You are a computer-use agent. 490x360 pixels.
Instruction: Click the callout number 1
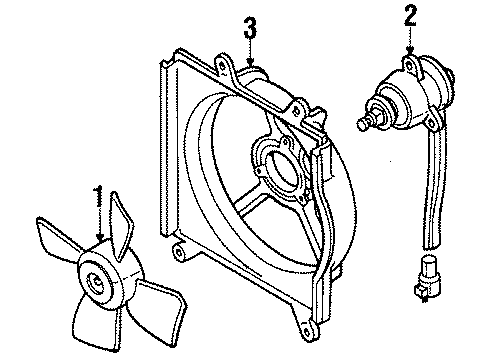pyautogui.click(x=98, y=196)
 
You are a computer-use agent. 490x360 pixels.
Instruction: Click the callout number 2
pyautogui.click(x=410, y=15)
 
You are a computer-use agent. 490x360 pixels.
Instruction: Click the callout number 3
pyautogui.click(x=250, y=28)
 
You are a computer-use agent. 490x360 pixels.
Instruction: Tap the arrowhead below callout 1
pyautogui.click(x=100, y=237)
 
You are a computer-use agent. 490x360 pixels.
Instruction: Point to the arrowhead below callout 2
pyautogui.click(x=410, y=50)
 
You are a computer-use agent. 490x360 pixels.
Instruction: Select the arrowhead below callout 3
pyautogui.click(x=250, y=61)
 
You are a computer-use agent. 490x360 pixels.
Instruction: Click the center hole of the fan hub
pyautogui.click(x=96, y=282)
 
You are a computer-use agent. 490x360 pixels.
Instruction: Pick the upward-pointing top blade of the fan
pyautogui.click(x=121, y=223)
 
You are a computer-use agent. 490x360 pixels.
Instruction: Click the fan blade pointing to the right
pyautogui.click(x=159, y=308)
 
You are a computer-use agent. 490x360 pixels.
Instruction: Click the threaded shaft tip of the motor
pyautogui.click(x=362, y=123)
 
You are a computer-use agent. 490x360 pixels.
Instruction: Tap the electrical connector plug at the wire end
pyautogui.click(x=426, y=278)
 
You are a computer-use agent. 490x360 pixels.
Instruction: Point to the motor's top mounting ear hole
pyautogui.click(x=409, y=65)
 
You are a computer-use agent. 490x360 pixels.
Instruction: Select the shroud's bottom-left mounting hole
pyautogui.click(x=179, y=252)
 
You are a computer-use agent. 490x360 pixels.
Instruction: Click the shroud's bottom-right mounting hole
pyautogui.click(x=307, y=330)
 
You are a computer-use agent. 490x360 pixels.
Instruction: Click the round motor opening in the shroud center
pyautogui.click(x=283, y=169)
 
